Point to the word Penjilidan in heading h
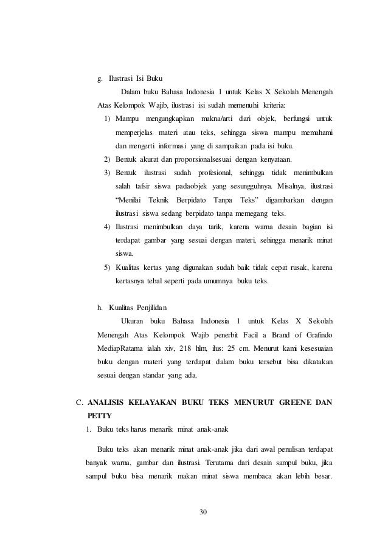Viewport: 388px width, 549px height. pyautogui.click(x=146, y=306)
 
